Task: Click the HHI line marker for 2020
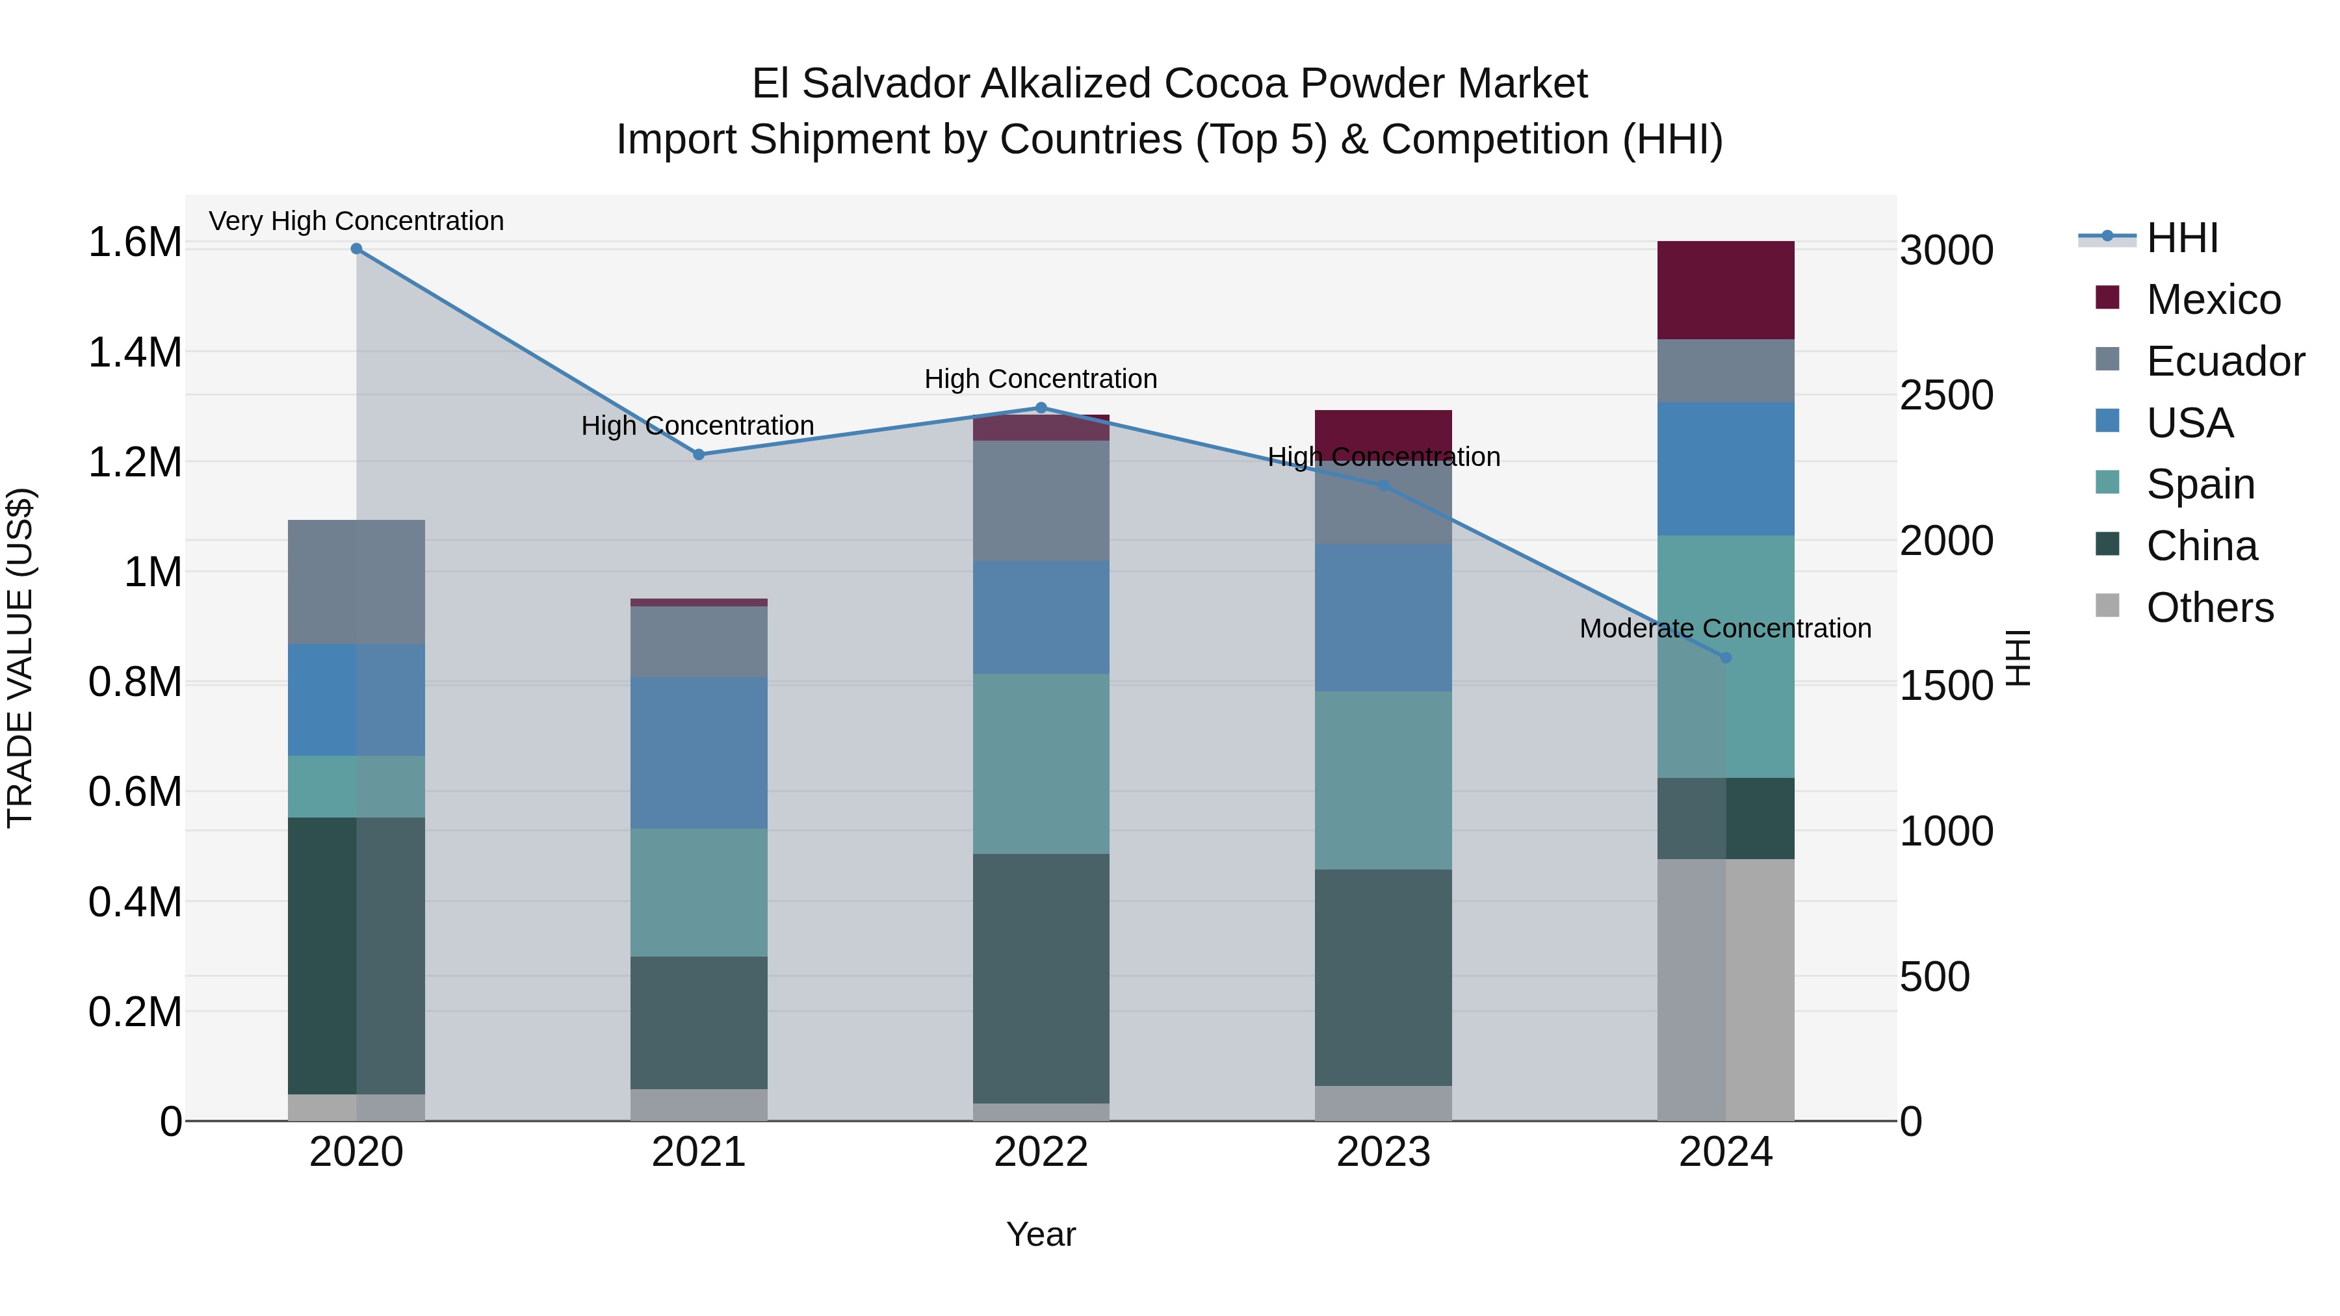356,249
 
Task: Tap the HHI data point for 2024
1726,658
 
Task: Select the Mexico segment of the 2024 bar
1726,290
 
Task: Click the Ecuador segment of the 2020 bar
356,581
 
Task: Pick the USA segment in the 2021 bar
699,753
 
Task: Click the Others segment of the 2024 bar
1726,989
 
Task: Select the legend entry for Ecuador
2225,361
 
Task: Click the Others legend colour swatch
2107,606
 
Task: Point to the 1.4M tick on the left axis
135,352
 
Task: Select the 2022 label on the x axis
1041,1152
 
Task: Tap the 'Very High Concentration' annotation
356,221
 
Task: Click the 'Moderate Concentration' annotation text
1725,628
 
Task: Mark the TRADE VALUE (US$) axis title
20,658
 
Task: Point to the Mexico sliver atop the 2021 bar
699,602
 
